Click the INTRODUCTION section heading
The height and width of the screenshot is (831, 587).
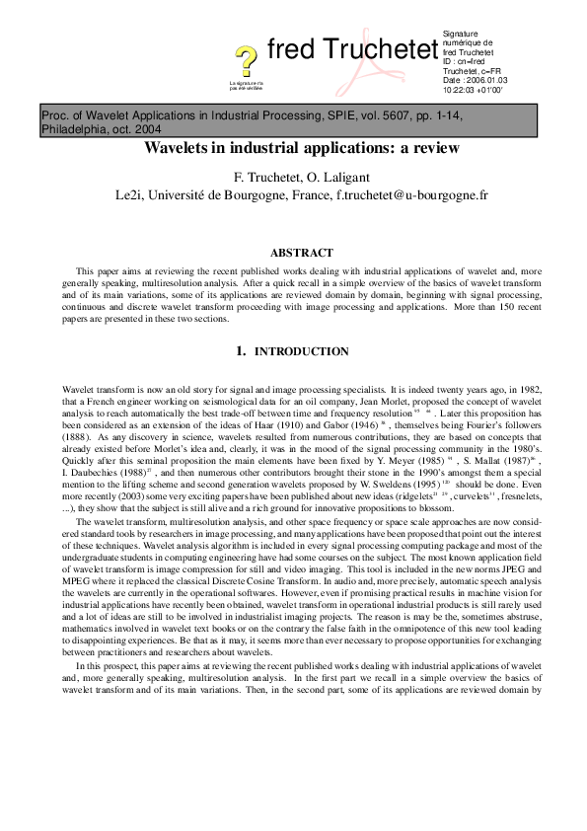pos(302,351)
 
